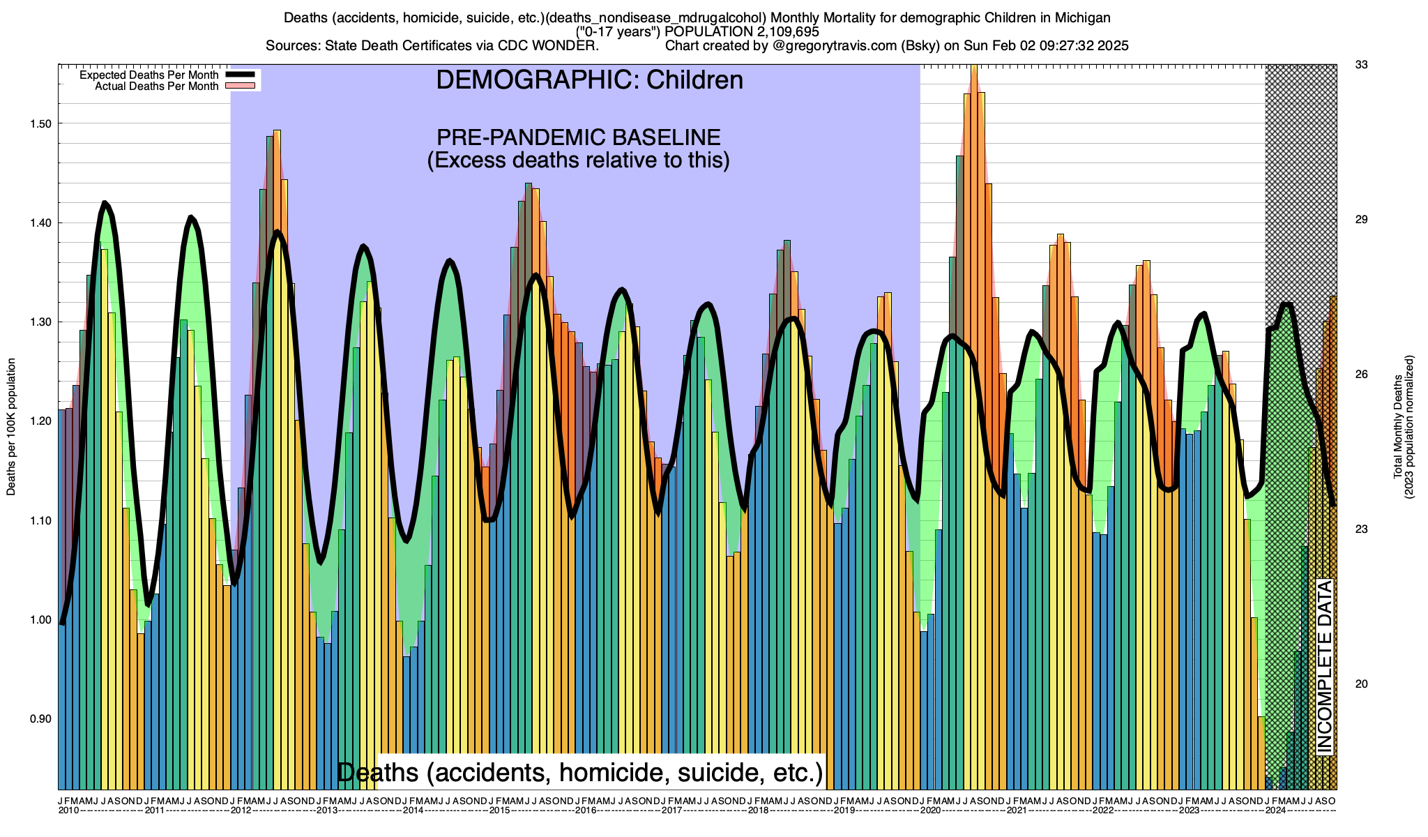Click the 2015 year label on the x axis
[x=499, y=810]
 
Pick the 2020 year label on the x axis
[x=930, y=810]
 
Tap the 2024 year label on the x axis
[x=1275, y=810]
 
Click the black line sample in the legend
[x=242, y=75]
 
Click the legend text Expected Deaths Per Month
[x=149, y=75]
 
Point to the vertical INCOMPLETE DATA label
[x=1324, y=666]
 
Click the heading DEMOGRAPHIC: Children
[x=589, y=80]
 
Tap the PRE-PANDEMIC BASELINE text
[x=578, y=137]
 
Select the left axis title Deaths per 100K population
[x=11, y=427]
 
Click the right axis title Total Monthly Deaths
[x=1398, y=427]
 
